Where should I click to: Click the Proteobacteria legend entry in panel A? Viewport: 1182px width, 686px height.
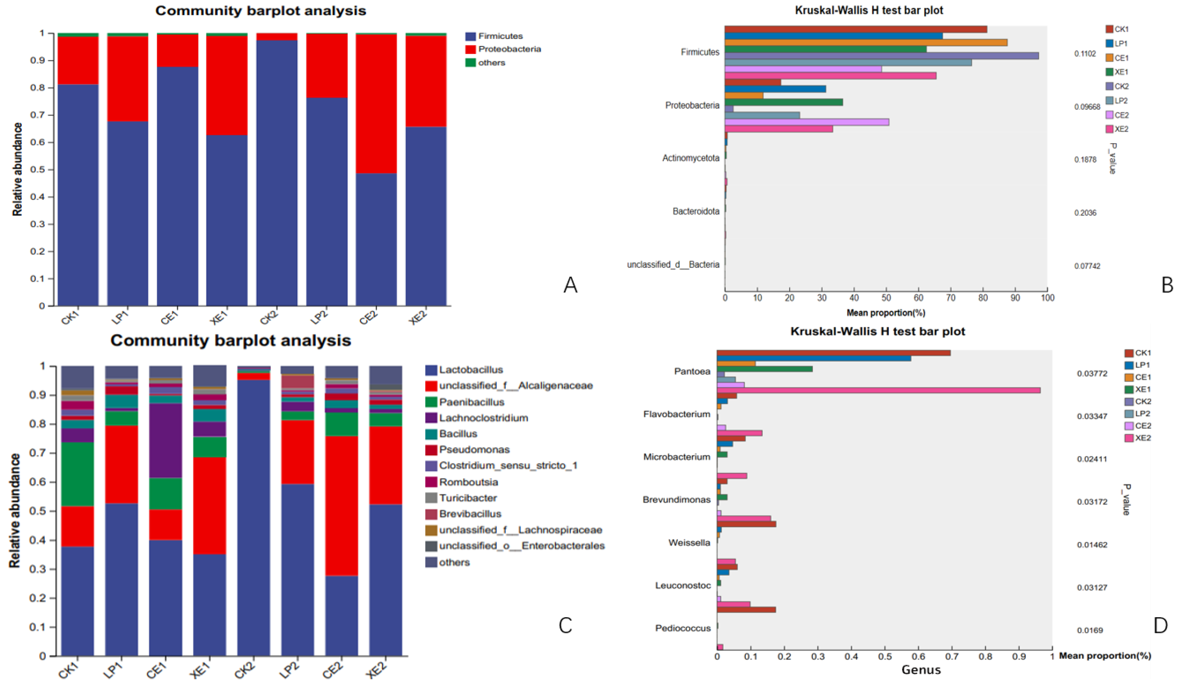pos(503,49)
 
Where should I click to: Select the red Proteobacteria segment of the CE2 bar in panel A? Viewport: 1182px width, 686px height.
pos(376,104)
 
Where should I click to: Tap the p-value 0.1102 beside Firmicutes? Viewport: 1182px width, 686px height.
pos(1085,54)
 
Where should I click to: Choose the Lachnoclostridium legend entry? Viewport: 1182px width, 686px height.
pos(477,418)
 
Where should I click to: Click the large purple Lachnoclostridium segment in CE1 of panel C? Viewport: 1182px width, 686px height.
pos(166,441)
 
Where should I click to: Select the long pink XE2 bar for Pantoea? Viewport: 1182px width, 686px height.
pos(879,390)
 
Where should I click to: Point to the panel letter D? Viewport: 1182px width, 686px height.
pos(1161,625)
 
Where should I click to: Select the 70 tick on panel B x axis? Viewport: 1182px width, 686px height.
pos(951,298)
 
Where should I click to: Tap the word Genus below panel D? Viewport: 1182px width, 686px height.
pos(921,670)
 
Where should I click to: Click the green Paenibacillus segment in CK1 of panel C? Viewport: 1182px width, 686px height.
pos(77,474)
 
